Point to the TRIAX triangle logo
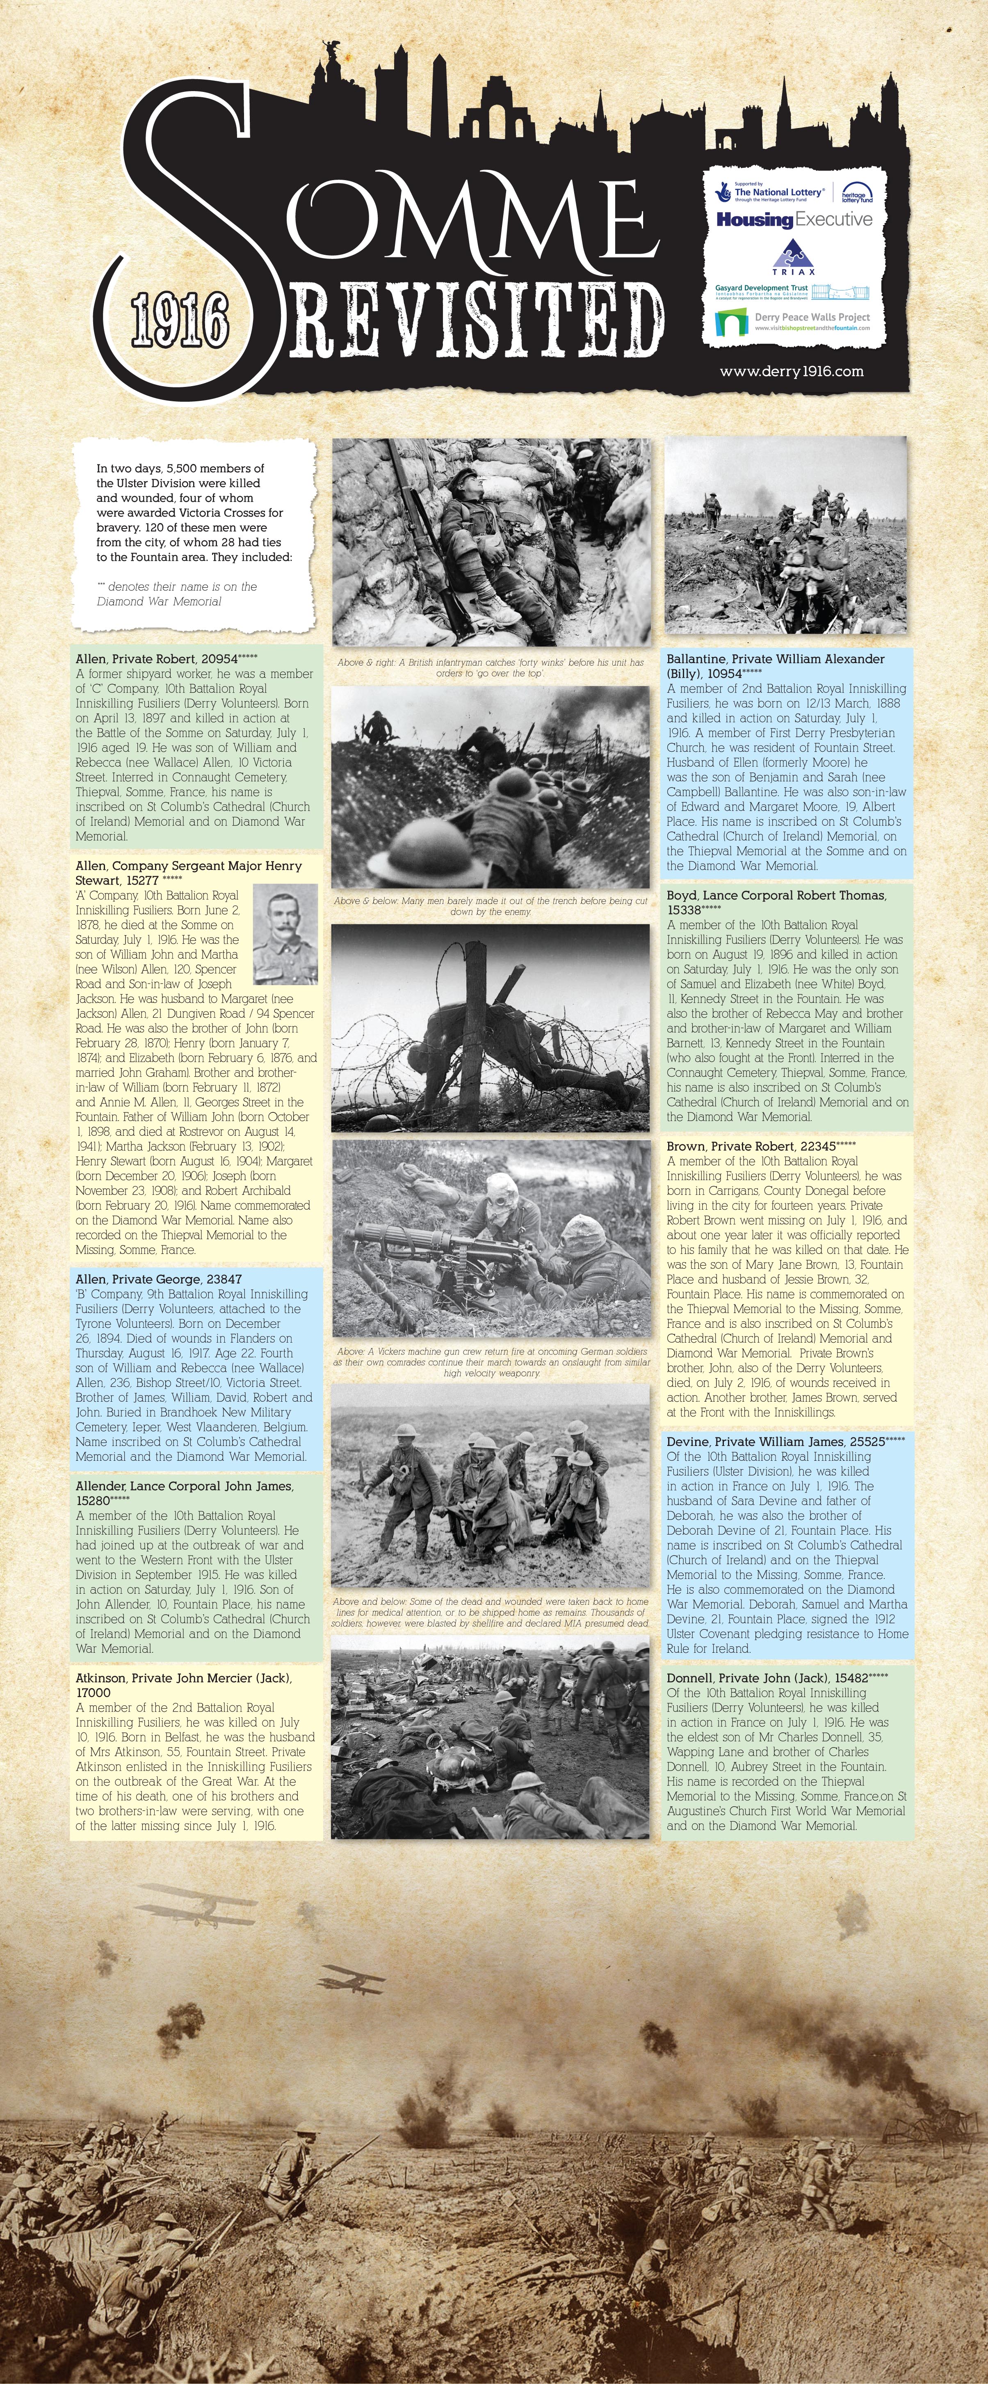tap(793, 256)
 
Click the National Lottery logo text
tap(777, 192)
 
